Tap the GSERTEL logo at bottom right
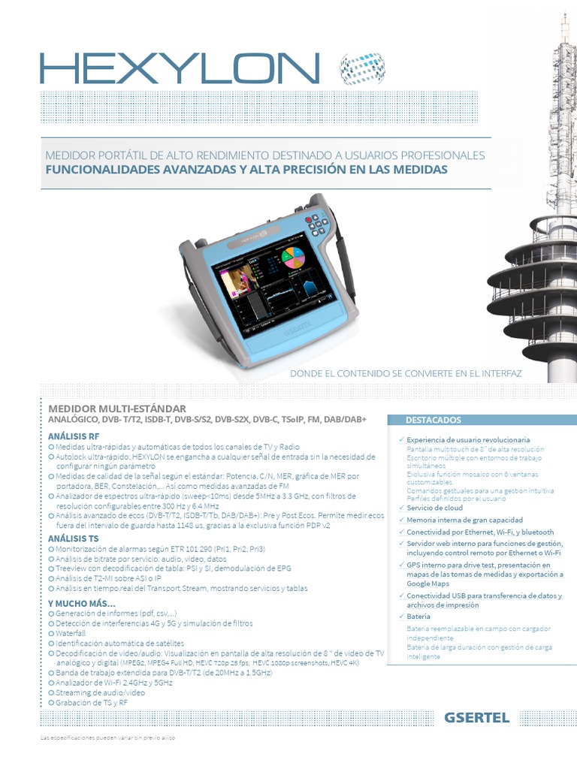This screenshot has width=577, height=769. [477, 717]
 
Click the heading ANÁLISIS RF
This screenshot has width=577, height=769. [74, 436]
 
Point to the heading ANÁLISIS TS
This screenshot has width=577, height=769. [74, 538]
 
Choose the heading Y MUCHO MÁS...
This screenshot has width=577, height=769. [82, 603]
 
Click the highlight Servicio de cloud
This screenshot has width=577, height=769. [435, 508]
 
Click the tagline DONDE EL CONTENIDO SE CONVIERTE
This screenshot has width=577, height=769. [406, 372]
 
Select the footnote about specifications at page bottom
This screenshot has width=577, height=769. [107, 739]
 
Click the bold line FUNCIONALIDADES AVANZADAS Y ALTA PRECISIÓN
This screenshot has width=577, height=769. [246, 170]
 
